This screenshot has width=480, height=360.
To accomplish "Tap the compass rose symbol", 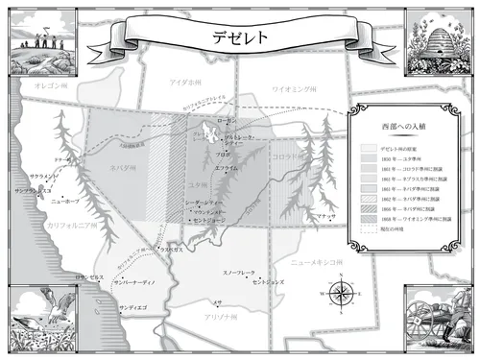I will pos(342,292).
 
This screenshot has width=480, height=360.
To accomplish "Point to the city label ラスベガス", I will pos(171,250).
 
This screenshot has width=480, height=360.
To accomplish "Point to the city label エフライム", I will pos(227,167).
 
